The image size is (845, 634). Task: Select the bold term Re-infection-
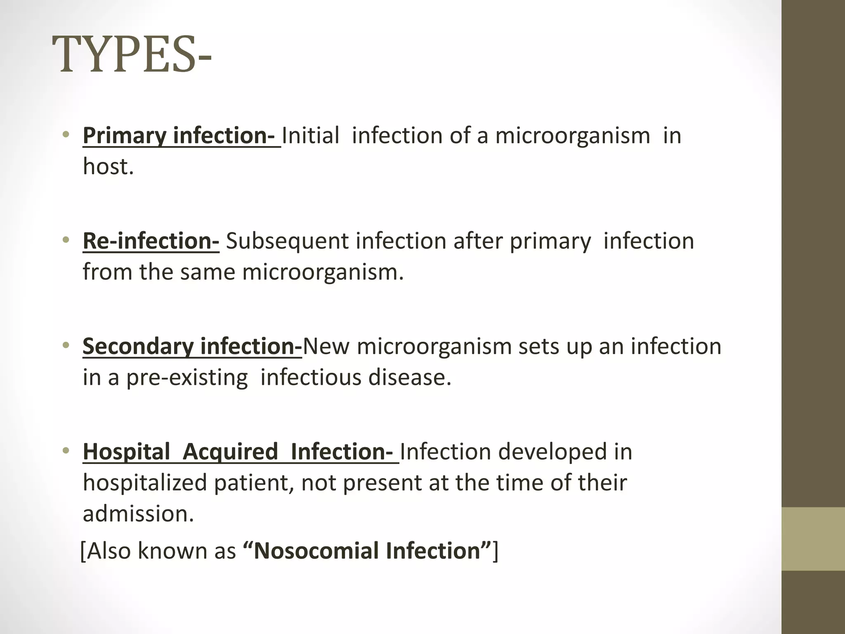(151, 241)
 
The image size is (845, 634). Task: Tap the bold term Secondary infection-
(192, 346)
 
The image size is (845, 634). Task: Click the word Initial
(311, 135)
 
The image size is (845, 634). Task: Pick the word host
(108, 166)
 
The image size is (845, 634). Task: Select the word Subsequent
(287, 241)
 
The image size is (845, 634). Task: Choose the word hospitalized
(145, 483)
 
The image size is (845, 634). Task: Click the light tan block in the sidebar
(813, 539)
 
